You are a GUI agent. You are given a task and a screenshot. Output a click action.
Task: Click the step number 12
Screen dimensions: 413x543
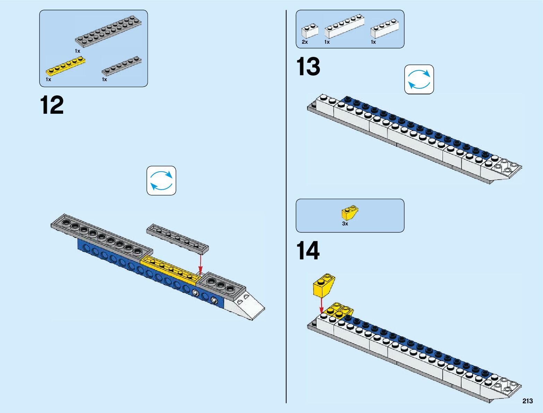click(52, 105)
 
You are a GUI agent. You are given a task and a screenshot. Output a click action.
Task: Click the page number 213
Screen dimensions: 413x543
click(527, 401)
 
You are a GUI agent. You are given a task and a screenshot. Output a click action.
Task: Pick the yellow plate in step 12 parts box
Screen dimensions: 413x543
click(66, 66)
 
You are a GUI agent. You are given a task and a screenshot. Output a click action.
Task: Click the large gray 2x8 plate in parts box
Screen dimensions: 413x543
click(108, 31)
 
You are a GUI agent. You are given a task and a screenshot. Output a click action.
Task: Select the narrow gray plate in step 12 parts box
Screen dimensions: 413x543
click(121, 66)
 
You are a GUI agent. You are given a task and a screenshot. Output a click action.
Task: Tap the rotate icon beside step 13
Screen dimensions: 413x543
click(419, 79)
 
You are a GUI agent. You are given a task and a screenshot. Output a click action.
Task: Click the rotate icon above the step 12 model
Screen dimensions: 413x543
click(161, 180)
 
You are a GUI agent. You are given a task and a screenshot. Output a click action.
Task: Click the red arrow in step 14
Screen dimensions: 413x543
click(321, 305)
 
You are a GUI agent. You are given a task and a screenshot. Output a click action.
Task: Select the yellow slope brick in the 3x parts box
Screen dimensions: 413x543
click(350, 213)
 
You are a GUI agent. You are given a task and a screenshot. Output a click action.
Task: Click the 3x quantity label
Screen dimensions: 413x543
click(345, 224)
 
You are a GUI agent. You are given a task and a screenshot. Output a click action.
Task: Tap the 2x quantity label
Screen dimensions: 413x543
click(305, 42)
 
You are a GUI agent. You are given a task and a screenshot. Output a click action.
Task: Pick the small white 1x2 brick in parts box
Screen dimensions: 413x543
click(309, 31)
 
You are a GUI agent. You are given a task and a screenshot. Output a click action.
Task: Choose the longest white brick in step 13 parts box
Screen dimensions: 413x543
click(344, 27)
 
